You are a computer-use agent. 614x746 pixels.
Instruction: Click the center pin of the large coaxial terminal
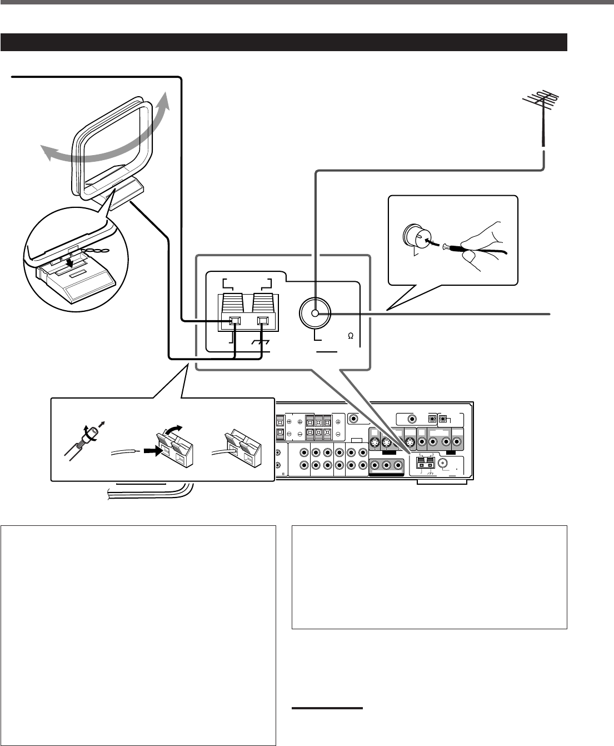[315, 314]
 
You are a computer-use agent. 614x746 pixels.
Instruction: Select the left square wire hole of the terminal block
[235, 321]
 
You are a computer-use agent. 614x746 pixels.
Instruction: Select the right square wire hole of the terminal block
[263, 321]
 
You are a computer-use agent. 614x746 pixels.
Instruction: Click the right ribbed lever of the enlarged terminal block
[263, 303]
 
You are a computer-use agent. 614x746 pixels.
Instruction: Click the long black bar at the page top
[283, 42]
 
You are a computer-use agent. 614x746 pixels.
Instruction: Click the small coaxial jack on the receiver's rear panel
[444, 461]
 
